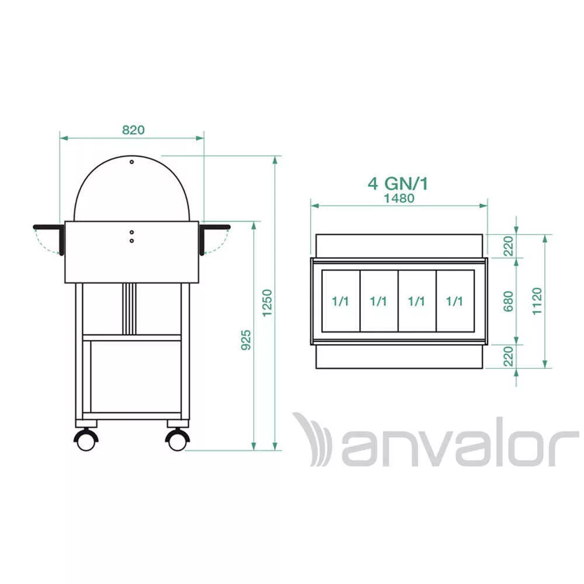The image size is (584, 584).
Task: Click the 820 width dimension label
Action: point(133,130)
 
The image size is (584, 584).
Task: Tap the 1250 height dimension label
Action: point(267,303)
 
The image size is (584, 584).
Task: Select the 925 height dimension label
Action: point(246,340)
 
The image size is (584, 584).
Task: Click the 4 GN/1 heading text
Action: point(398,183)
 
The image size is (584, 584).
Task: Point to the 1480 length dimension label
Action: point(399,198)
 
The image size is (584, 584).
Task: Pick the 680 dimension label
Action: point(509,301)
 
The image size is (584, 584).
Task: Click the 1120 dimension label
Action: point(537,301)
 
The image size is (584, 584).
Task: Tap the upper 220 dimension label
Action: point(509,246)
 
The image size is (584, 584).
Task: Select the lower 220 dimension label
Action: point(509,356)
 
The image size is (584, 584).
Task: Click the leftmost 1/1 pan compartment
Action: point(341,301)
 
